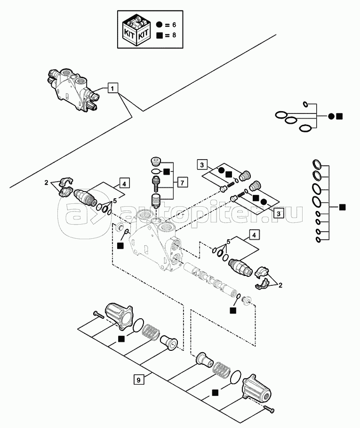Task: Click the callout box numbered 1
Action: pyautogui.click(x=112, y=87)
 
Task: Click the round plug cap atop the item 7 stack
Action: pyautogui.click(x=156, y=160)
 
